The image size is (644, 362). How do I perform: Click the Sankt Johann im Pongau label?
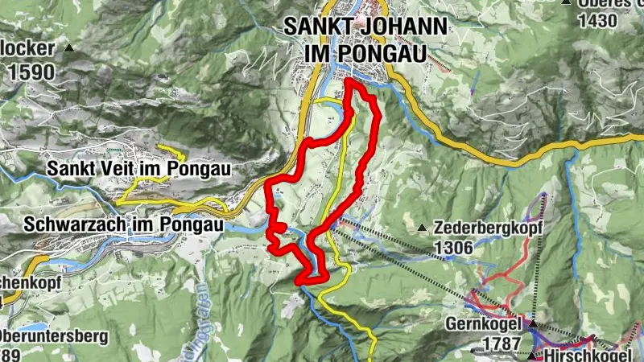pyautogui.click(x=365, y=39)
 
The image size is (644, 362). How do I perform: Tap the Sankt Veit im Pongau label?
pyautogui.click(x=139, y=169)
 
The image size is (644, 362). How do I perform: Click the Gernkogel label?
pyautogui.click(x=482, y=326)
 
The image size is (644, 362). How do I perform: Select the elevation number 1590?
pyautogui.click(x=32, y=72)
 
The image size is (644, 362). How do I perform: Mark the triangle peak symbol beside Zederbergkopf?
pyautogui.click(x=423, y=228)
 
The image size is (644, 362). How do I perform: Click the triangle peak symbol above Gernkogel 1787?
pyautogui.click(x=532, y=323)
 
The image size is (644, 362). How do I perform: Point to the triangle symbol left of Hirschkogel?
pyautogui.click(x=532, y=355)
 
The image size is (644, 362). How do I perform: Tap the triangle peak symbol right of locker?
pyautogui.click(x=68, y=47)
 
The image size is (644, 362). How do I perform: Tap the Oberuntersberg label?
pyautogui.click(x=48, y=336)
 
